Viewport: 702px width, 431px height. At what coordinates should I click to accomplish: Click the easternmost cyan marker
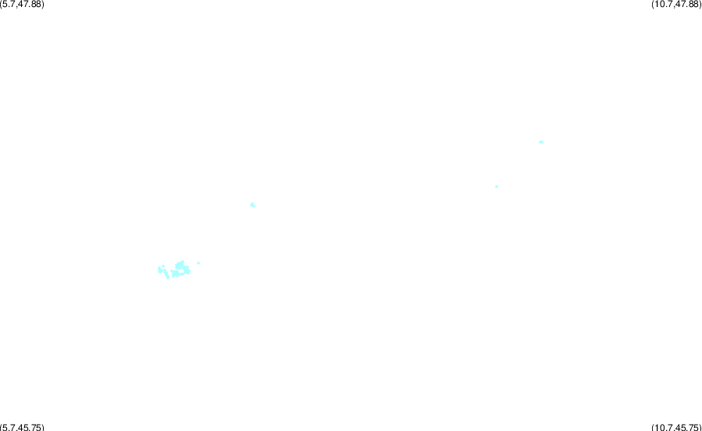tap(541, 142)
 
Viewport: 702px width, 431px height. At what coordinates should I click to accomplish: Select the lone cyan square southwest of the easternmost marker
tap(497, 187)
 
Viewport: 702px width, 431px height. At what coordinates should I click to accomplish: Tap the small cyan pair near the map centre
tap(252, 205)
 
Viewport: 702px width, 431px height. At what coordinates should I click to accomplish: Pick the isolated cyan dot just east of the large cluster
tap(198, 263)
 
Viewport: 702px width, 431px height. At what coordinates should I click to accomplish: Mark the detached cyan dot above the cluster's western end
tap(163, 266)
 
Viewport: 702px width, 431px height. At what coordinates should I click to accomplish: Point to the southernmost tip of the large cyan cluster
tap(168, 279)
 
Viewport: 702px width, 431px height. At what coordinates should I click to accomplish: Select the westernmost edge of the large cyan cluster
tap(158, 269)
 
